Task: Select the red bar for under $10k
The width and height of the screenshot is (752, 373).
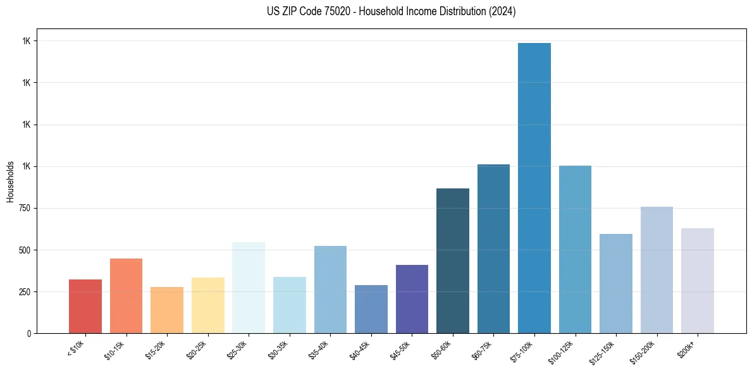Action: click(x=85, y=306)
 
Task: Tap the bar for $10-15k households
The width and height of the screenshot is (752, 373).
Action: click(x=126, y=296)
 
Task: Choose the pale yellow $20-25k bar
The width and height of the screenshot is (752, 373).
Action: click(x=208, y=305)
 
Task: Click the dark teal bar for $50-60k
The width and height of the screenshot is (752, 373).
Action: click(x=453, y=260)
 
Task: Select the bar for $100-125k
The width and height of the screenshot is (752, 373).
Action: click(x=575, y=249)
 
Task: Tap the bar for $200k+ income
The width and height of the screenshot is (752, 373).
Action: click(x=698, y=281)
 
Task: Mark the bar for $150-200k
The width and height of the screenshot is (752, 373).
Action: click(x=656, y=270)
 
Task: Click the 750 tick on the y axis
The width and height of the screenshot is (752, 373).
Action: click(x=29, y=208)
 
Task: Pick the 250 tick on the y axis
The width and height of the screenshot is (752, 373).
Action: click(x=29, y=291)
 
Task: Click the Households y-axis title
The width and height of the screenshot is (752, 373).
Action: click(x=10, y=181)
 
